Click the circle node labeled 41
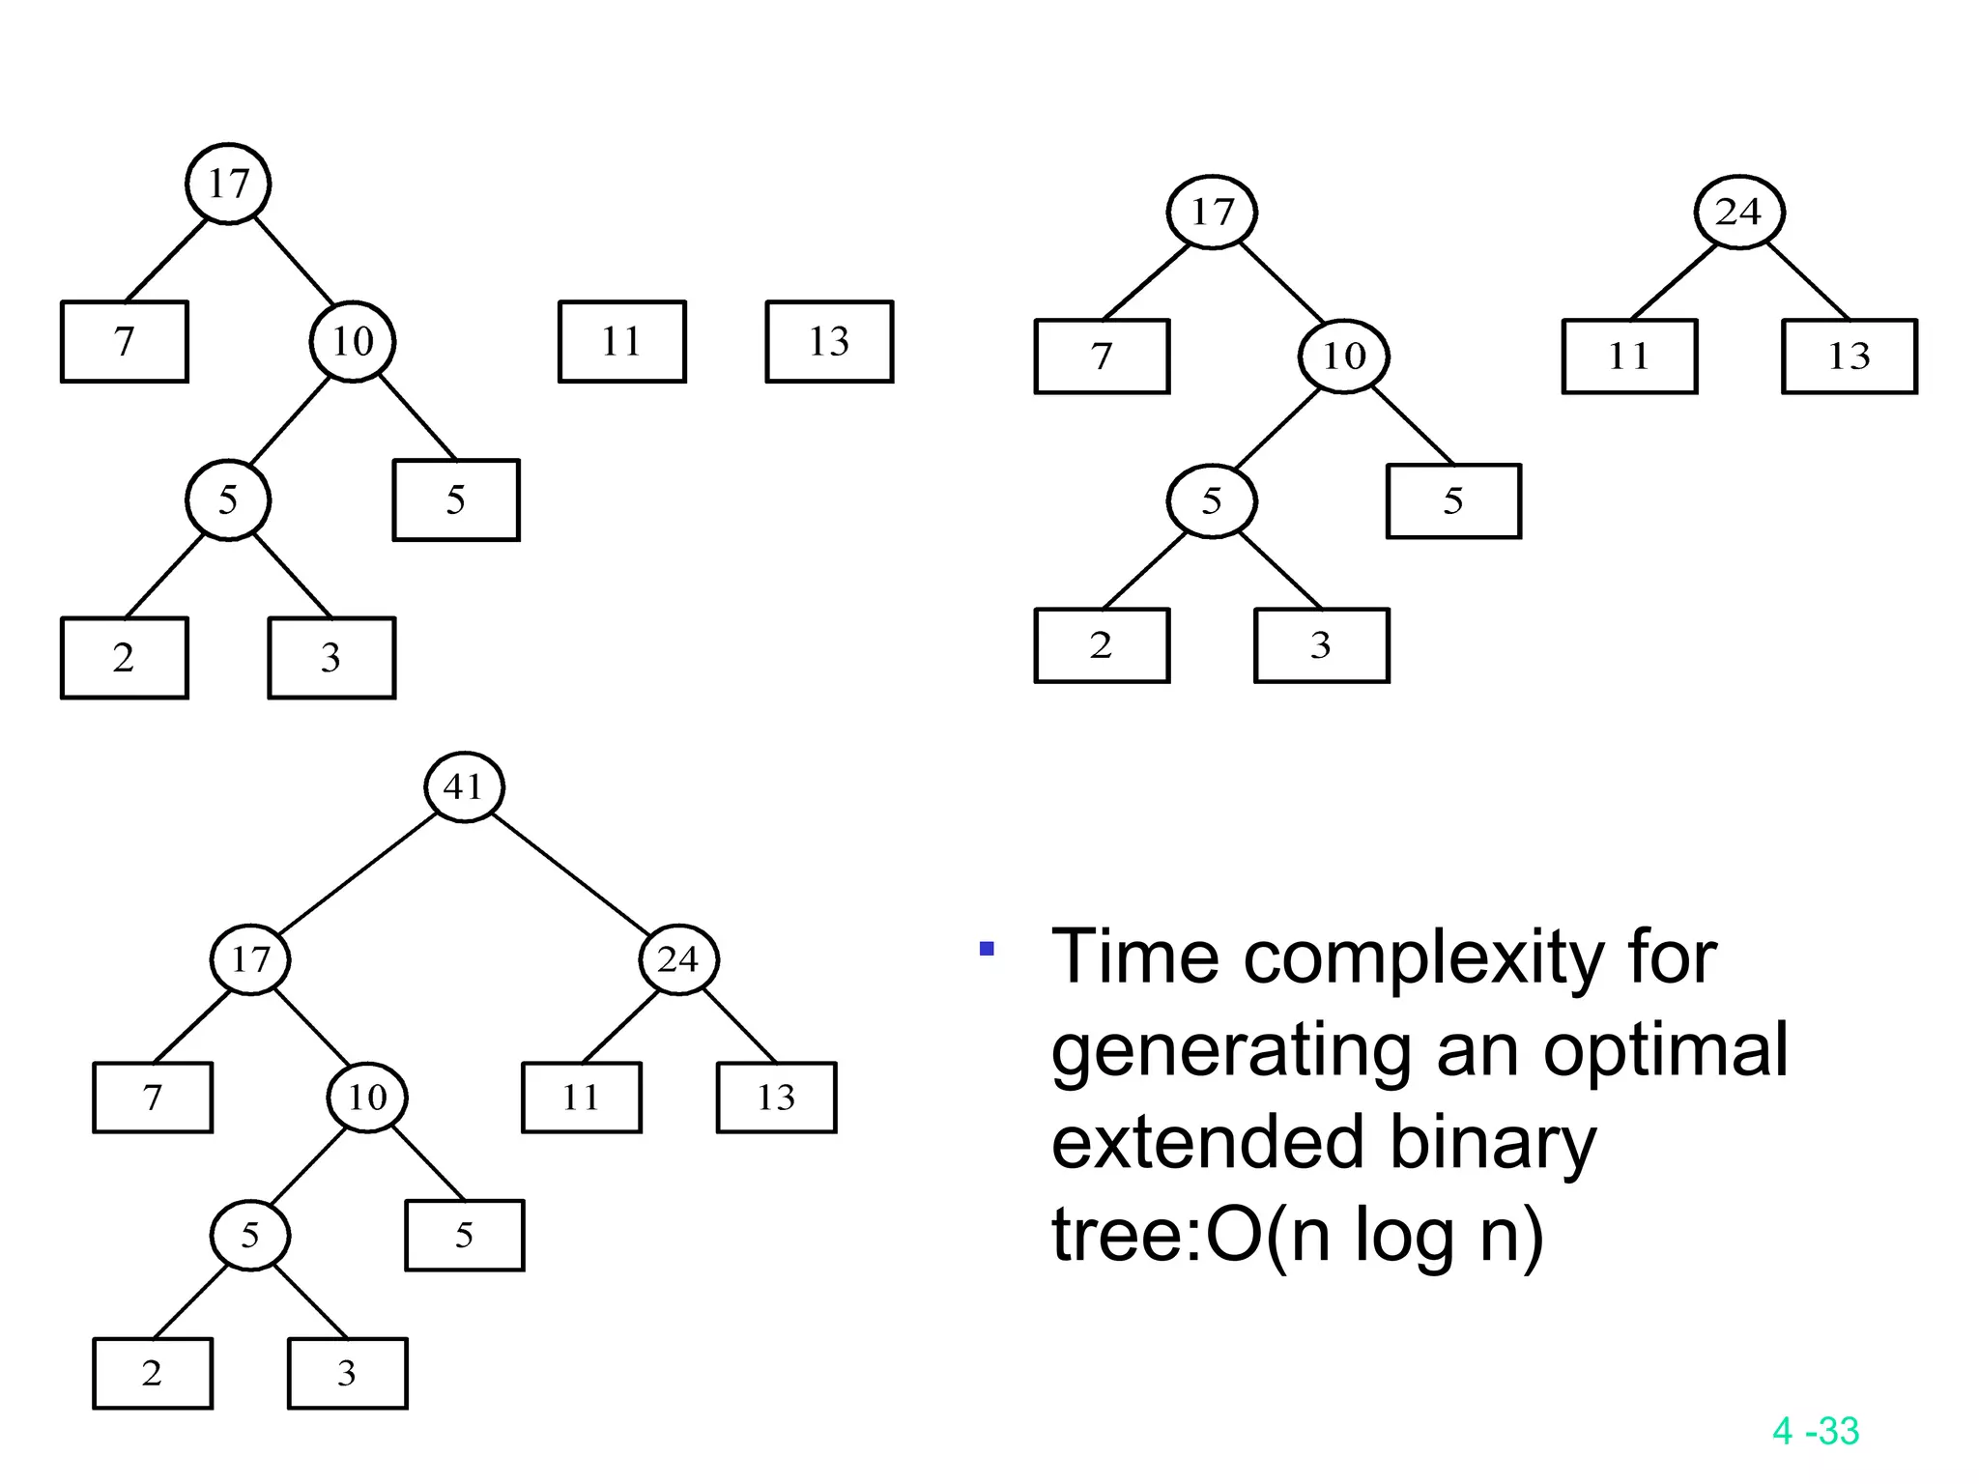[x=465, y=786]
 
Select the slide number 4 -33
[x=1816, y=1431]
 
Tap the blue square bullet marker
[x=987, y=949]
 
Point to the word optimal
[x=1665, y=1050]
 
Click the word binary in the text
[x=1493, y=1144]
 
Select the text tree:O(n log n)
[x=1297, y=1235]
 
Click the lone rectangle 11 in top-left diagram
[x=622, y=341]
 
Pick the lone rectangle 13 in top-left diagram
[x=829, y=341]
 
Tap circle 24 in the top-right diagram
[x=1739, y=212]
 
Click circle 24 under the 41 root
[x=678, y=959]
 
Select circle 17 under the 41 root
[x=250, y=959]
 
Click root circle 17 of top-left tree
[x=228, y=184]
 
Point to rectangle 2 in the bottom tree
[x=153, y=1373]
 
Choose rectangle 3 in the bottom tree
[x=347, y=1373]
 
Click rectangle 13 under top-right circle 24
[x=1849, y=357]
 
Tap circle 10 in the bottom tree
[x=367, y=1098]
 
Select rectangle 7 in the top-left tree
[x=125, y=341]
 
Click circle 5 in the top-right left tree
[x=1212, y=500]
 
